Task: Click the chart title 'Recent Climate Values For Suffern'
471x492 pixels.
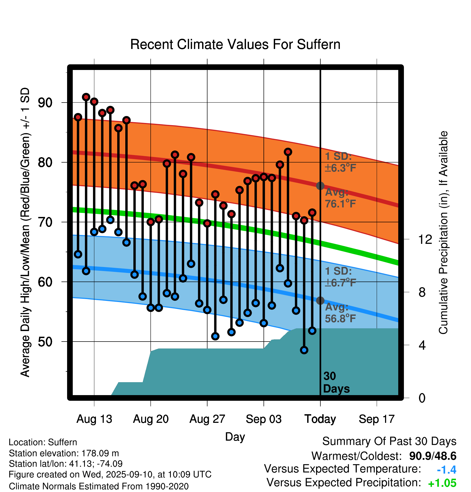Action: (x=235, y=44)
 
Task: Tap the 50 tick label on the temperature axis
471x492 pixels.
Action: (x=45, y=342)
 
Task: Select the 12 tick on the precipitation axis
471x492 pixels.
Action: (x=425, y=239)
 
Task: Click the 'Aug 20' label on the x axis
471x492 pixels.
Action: (x=151, y=419)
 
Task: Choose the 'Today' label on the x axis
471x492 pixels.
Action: (x=320, y=419)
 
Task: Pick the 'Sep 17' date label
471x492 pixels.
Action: (x=377, y=419)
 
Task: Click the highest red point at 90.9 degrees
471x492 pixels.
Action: (x=86, y=97)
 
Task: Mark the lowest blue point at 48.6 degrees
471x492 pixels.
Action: (x=304, y=350)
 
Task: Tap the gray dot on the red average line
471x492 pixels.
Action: (x=320, y=186)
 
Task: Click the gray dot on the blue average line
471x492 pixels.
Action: (x=320, y=301)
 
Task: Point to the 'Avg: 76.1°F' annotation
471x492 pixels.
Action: (x=340, y=198)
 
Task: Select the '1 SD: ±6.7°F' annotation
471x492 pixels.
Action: (x=340, y=277)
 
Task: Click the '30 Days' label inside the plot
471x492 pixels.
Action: (x=336, y=382)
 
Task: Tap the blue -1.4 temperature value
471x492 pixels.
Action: (x=446, y=470)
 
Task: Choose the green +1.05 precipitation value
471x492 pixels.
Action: (x=442, y=483)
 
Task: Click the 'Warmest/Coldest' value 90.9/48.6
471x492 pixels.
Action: (x=432, y=456)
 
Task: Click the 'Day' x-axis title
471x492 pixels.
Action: (x=235, y=437)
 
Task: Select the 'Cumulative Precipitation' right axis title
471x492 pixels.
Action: (x=443, y=233)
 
